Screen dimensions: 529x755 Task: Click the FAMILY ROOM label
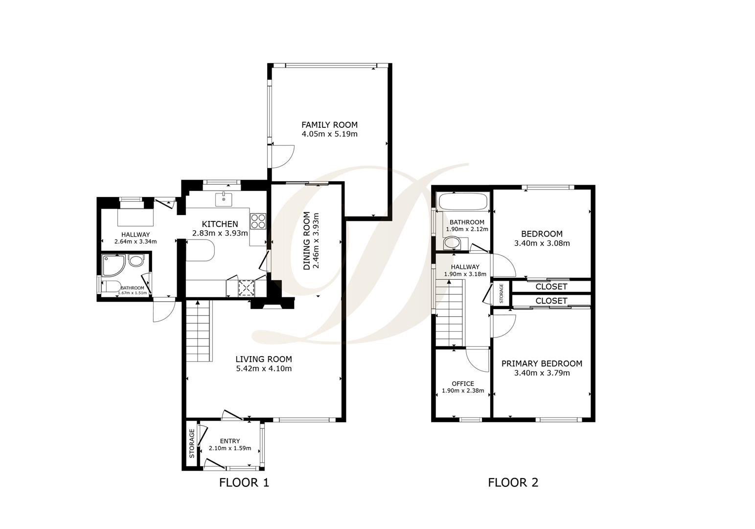click(329, 125)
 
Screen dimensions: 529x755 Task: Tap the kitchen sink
click(224, 199)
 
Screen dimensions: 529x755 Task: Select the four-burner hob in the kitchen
click(258, 221)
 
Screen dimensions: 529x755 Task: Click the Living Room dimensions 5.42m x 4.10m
click(264, 368)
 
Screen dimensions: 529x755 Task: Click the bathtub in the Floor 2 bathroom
click(463, 201)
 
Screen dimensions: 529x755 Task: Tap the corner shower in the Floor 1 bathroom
click(113, 265)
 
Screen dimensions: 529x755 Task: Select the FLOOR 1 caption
click(244, 482)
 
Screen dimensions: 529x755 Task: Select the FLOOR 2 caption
click(513, 482)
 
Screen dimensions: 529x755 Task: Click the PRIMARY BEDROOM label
click(542, 363)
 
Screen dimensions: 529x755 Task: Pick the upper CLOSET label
click(551, 287)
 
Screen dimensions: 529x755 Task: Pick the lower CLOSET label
click(551, 301)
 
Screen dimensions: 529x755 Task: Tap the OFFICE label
click(462, 384)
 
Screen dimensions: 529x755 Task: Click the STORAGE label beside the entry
click(192, 443)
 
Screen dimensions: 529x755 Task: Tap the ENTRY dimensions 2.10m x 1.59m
click(229, 448)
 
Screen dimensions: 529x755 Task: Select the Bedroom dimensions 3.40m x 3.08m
click(542, 243)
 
